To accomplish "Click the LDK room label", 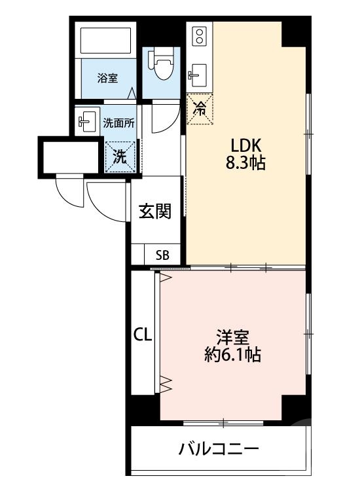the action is (245, 145).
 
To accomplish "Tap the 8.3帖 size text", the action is (245, 163).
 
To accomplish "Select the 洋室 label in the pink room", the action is (232, 338).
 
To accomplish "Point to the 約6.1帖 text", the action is (232, 355).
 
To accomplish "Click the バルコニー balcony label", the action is (219, 449).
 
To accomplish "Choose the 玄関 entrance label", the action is (155, 211).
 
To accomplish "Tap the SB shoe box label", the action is (162, 255).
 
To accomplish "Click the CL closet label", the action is (143, 335).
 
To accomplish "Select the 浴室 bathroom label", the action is (107, 78).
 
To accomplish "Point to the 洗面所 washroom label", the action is (119, 123).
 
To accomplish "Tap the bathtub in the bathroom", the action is (105, 41).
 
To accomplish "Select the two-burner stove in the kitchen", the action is (199, 36).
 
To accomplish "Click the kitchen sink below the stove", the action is (198, 76).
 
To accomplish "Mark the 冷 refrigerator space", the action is (200, 109).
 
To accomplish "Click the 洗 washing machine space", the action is (120, 156).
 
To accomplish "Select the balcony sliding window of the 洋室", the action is (223, 424).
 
